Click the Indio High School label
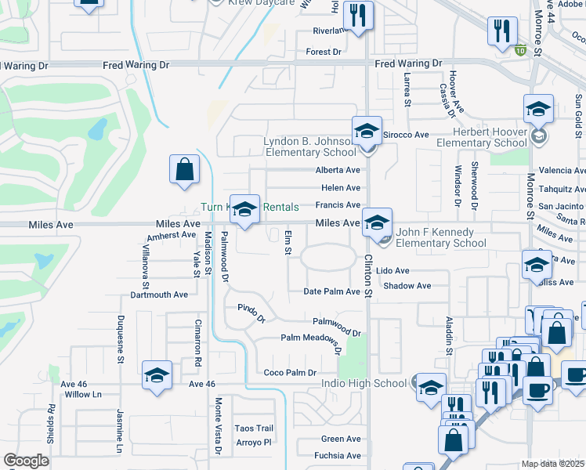(x=364, y=383)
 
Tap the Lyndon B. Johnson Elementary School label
(x=312, y=146)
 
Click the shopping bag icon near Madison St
(x=184, y=169)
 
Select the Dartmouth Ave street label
(x=160, y=295)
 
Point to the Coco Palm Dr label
(x=290, y=373)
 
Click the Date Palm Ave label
(x=331, y=291)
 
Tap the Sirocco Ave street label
(x=411, y=135)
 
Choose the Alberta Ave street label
(x=338, y=170)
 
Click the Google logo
(x=26, y=460)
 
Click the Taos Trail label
(x=255, y=428)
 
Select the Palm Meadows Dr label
(x=312, y=341)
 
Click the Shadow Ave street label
(x=407, y=286)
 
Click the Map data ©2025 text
(x=553, y=464)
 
